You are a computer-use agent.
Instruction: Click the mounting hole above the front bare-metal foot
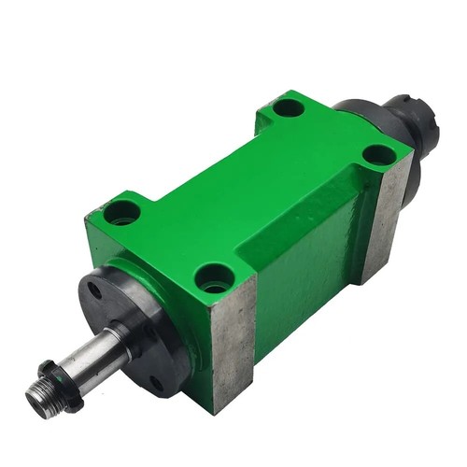(x=216, y=276)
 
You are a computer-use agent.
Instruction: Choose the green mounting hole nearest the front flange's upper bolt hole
(x=122, y=213)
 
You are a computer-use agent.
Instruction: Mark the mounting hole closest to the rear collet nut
(x=376, y=155)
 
